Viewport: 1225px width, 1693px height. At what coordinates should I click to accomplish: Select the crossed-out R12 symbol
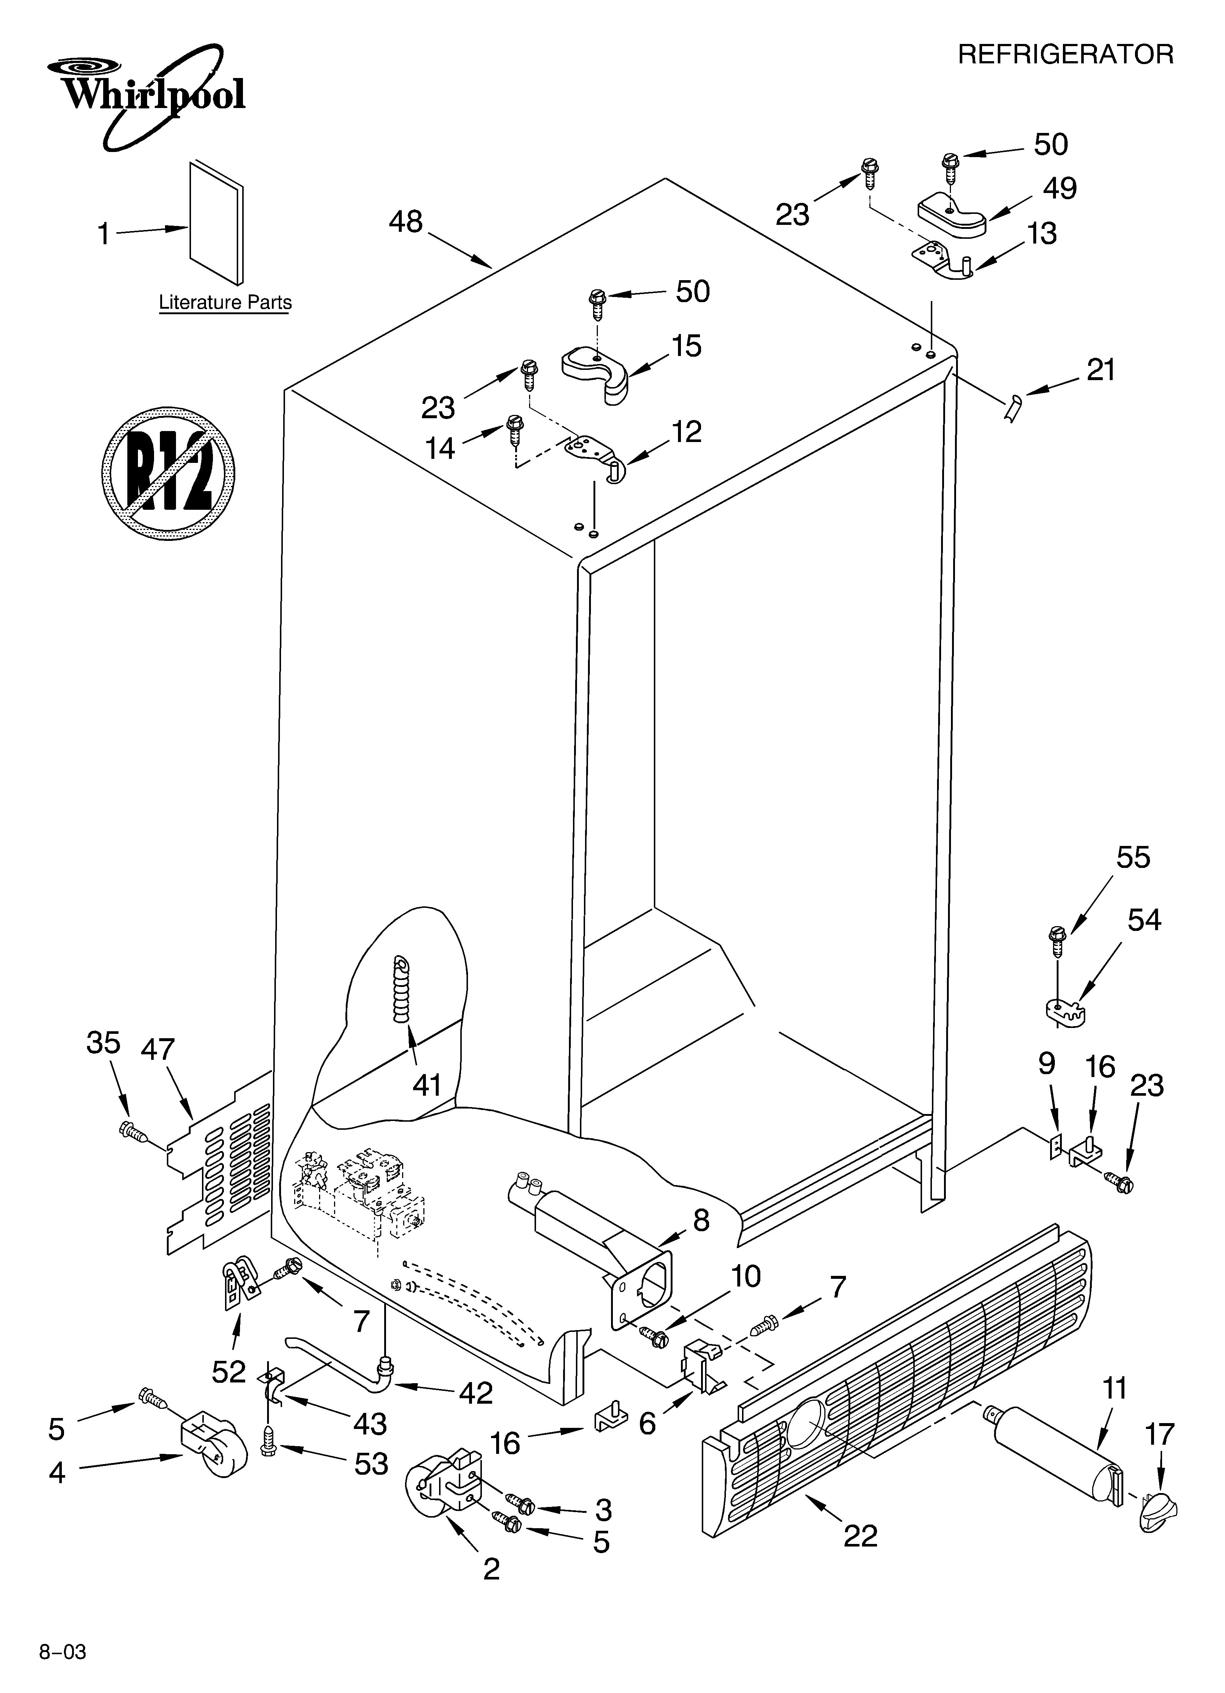(x=169, y=473)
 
